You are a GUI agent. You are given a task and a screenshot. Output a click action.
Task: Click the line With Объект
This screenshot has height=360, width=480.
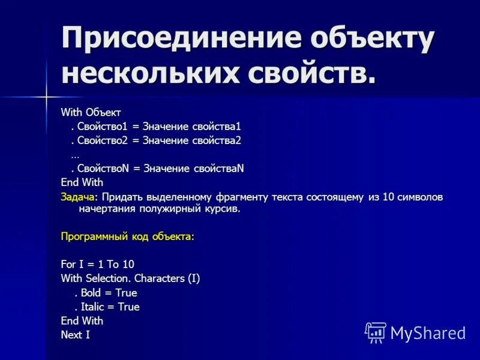pyautogui.click(x=91, y=112)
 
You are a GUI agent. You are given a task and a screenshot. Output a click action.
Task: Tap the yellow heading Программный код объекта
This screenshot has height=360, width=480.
pyautogui.click(x=127, y=236)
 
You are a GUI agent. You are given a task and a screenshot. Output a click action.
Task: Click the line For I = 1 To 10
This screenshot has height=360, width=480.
pyautogui.click(x=98, y=264)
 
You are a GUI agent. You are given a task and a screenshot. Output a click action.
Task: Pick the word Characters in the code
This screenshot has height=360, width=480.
pyautogui.click(x=160, y=278)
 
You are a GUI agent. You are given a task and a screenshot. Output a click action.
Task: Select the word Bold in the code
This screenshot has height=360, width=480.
pyautogui.click(x=92, y=293)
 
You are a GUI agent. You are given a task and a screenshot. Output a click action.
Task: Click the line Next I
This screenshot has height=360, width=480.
pyautogui.click(x=76, y=335)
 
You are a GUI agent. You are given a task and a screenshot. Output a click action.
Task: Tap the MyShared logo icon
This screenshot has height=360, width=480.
pyautogui.click(x=376, y=332)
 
